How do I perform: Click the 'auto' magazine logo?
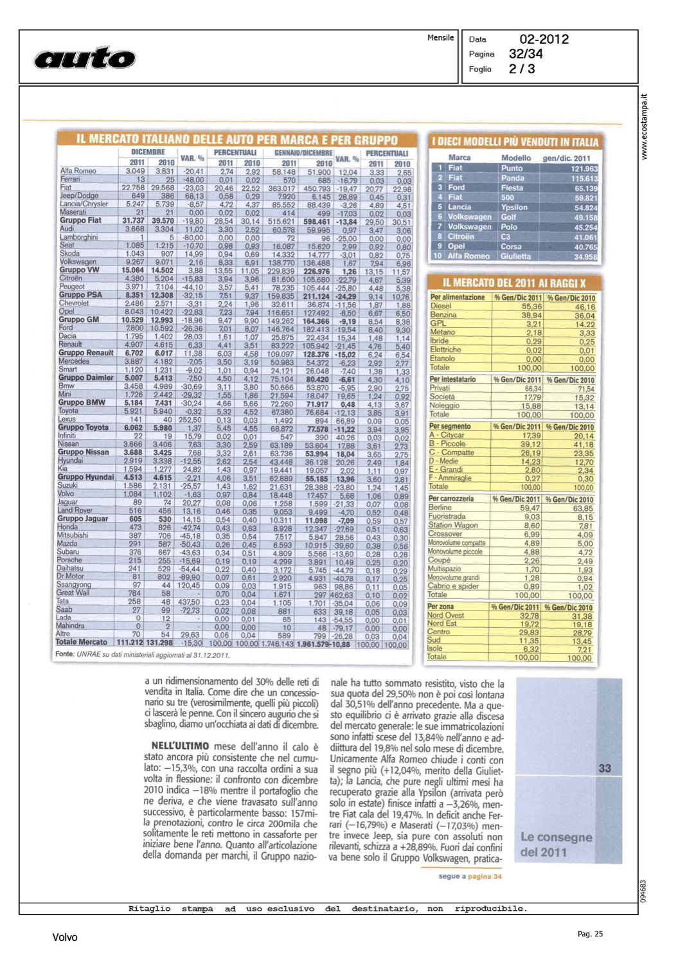pyautogui.click(x=85, y=58)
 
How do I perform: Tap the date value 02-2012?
pyautogui.click(x=544, y=39)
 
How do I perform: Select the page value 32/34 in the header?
pyautogui.click(x=525, y=54)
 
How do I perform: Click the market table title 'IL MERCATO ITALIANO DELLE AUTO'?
pyautogui.click(x=236, y=139)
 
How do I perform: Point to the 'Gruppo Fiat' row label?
pyautogui.click(x=80, y=220)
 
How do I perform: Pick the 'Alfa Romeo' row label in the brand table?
pyautogui.click(x=78, y=171)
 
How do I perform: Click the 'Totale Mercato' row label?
pyautogui.click(x=82, y=642)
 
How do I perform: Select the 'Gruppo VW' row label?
pyautogui.click(x=79, y=270)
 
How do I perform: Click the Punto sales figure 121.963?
pyautogui.click(x=584, y=169)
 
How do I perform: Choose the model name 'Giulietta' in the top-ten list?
pyautogui.click(x=516, y=256)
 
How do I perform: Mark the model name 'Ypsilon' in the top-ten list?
pyautogui.click(x=514, y=208)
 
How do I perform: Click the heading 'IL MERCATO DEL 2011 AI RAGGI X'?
pyautogui.click(x=514, y=283)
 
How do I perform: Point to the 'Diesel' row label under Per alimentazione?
pyautogui.click(x=441, y=306)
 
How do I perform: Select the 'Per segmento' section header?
pyautogui.click(x=450, y=426)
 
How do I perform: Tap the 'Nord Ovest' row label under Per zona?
pyautogui.click(x=445, y=615)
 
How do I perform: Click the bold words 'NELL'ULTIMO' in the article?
pyautogui.click(x=180, y=746)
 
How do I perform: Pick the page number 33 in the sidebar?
pyautogui.click(x=605, y=768)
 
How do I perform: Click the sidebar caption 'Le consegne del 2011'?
pyautogui.click(x=556, y=844)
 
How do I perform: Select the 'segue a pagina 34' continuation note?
pyautogui.click(x=470, y=876)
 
